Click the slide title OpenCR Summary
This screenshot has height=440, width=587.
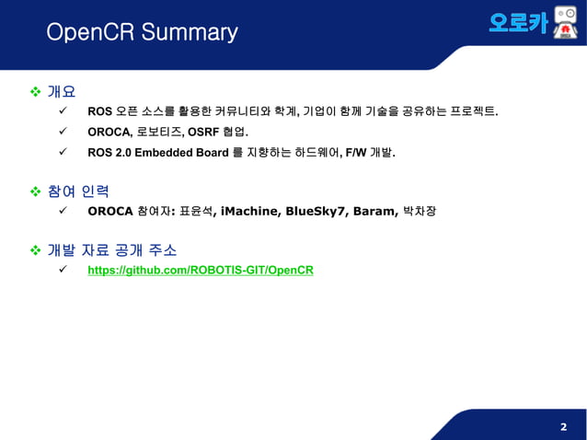pyautogui.click(x=142, y=33)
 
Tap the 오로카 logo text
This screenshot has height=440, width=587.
pyautogui.click(x=518, y=23)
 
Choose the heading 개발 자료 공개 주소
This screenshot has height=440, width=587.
pyautogui.click(x=111, y=250)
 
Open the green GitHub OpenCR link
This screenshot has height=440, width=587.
pyautogui.click(x=200, y=271)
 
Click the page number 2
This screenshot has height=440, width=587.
pyautogui.click(x=563, y=427)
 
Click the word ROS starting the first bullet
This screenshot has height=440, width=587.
pyautogui.click(x=99, y=112)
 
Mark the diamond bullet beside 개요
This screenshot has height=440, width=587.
pyautogui.click(x=37, y=92)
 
